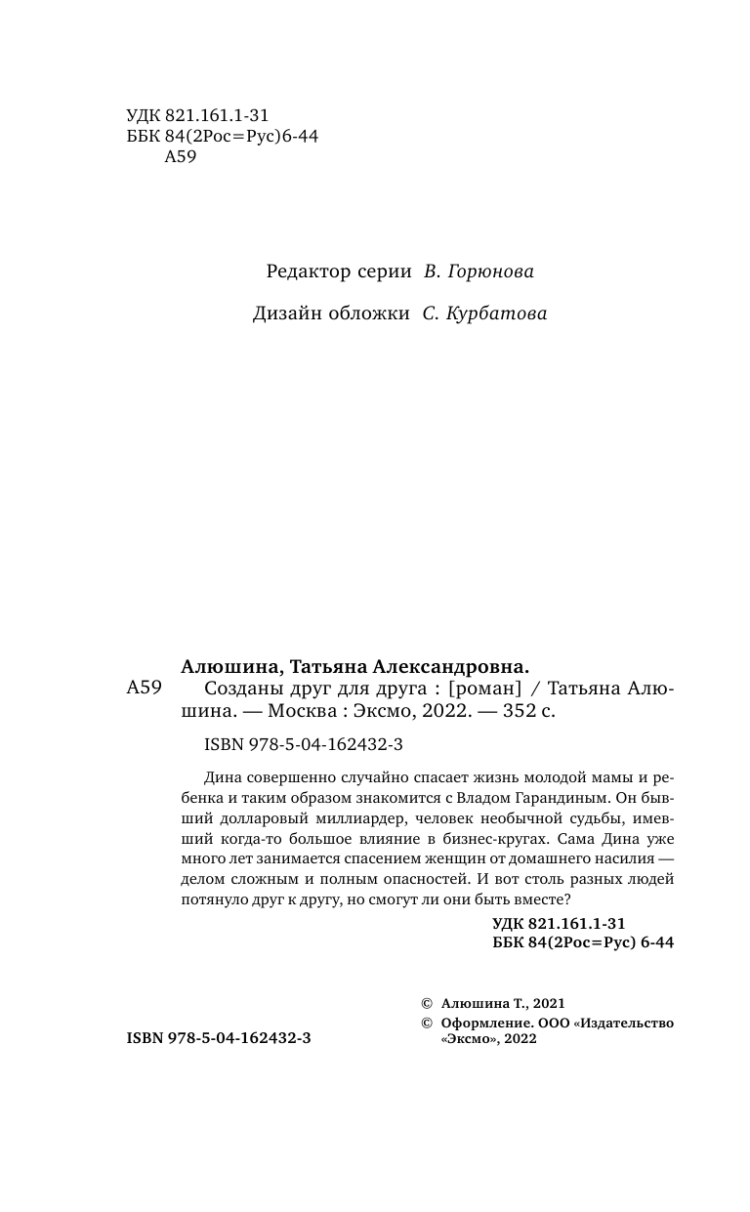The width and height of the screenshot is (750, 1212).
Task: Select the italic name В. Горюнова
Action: click(x=479, y=272)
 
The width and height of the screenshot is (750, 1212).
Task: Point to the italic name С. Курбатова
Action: click(x=484, y=314)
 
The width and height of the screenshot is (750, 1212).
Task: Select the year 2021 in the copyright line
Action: click(x=548, y=1002)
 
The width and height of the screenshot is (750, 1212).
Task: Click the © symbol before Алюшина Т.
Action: click(x=425, y=1002)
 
